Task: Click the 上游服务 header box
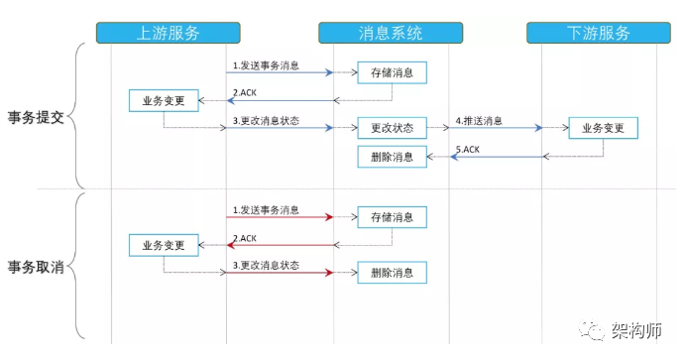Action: coord(168,33)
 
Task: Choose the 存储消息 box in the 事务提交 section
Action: coord(392,72)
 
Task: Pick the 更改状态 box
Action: coord(392,128)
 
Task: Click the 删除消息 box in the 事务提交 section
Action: coord(392,157)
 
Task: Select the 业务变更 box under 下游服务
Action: coord(603,128)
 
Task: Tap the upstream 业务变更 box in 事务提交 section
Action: coord(164,100)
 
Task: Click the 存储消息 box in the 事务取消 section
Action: coord(392,216)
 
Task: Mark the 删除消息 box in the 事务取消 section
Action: coord(392,272)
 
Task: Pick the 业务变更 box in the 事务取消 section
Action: coord(164,244)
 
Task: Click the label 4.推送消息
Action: coord(479,120)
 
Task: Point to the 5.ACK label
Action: coord(468,149)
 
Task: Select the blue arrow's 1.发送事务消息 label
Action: coord(266,65)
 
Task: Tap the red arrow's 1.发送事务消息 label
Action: coord(266,210)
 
